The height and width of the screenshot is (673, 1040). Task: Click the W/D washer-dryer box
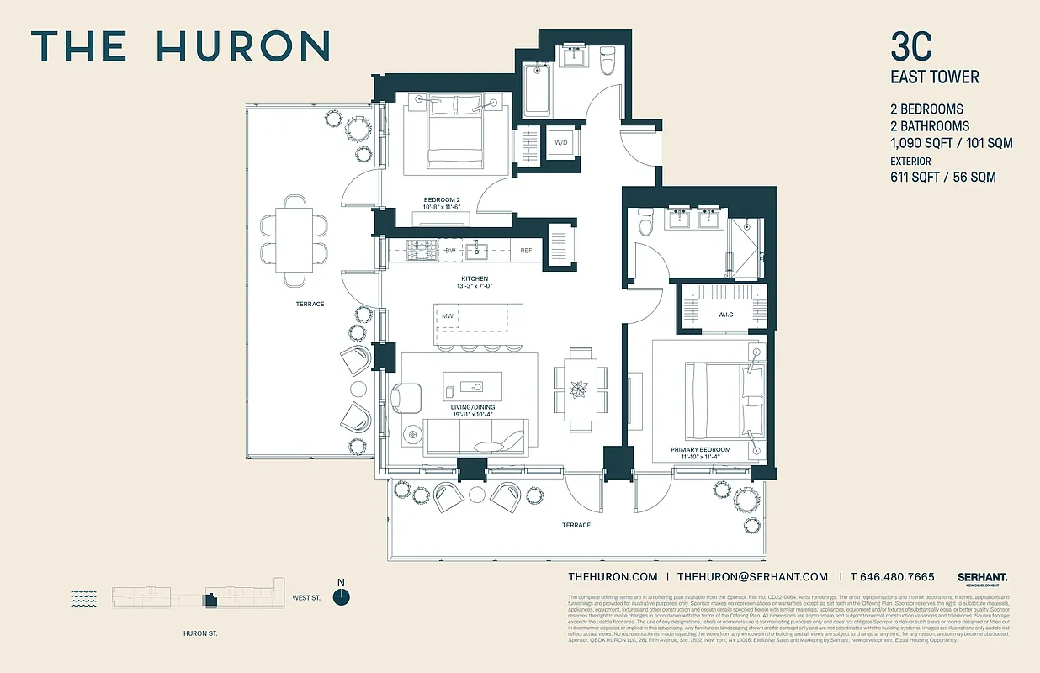560,143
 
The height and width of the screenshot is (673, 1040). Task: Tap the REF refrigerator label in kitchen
526,251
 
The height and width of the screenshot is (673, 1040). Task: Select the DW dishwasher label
450,251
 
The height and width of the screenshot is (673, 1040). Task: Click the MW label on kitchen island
448,315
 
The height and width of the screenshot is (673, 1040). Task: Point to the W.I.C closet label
726,315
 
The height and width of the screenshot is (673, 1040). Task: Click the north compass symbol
341,596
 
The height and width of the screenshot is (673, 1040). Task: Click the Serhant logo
982,578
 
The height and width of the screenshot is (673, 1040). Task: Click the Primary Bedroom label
700,450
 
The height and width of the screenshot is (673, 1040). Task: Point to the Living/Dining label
472,408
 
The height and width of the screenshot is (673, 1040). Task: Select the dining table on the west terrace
294,241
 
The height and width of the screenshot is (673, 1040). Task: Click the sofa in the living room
475,437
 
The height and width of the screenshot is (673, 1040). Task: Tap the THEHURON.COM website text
613,577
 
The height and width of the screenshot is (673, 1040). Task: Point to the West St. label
306,598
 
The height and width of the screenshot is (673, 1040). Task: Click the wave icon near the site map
83,598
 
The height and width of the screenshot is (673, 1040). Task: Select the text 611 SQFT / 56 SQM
942,178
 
